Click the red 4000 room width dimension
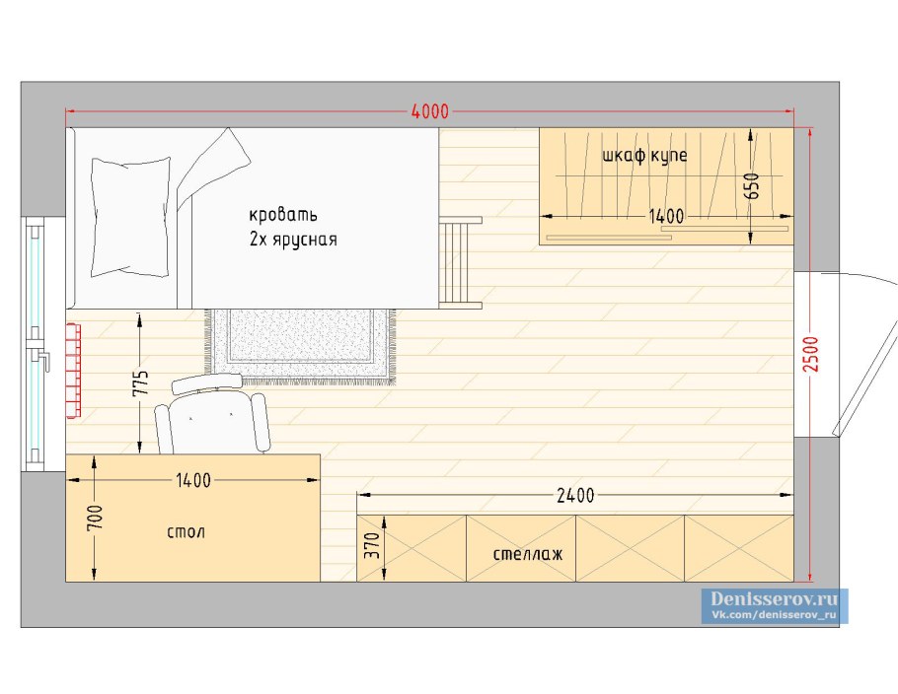(430, 111)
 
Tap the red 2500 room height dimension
(812, 354)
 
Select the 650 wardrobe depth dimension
(753, 186)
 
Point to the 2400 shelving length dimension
(575, 496)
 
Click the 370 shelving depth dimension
(372, 545)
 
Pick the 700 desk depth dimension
(96, 518)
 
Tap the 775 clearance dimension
(141, 383)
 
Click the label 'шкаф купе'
(644, 156)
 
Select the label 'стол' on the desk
(186, 532)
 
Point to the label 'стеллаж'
(528, 554)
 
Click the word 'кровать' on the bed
(283, 216)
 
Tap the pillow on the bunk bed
(131, 217)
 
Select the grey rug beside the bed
(301, 346)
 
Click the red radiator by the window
(73, 371)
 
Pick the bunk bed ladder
(461, 262)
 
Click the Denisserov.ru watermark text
(774, 599)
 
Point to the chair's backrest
(207, 382)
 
